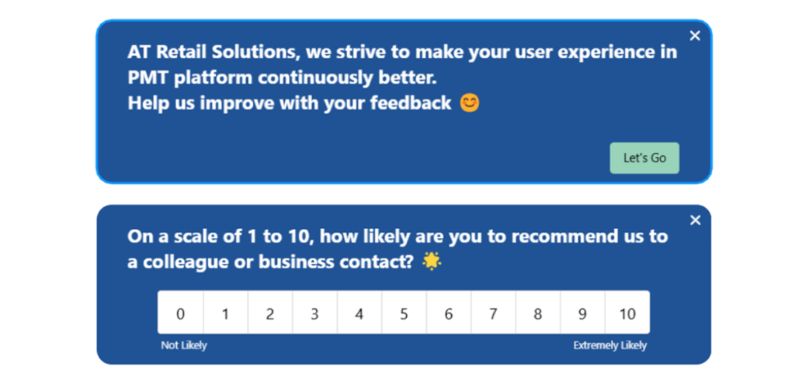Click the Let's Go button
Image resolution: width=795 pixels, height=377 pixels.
(x=644, y=158)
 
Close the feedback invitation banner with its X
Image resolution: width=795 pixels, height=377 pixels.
(x=695, y=36)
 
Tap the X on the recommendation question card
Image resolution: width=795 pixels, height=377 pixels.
(x=695, y=220)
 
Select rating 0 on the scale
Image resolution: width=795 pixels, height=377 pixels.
(x=181, y=313)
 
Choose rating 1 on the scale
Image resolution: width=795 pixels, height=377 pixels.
(x=225, y=313)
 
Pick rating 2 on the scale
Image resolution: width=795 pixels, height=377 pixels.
(x=270, y=313)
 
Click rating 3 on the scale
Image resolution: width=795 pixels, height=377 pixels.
(x=314, y=313)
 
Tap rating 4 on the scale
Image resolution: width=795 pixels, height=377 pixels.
(x=359, y=313)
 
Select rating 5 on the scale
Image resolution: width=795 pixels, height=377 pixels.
(x=404, y=313)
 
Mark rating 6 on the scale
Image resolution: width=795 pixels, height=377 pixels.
(x=449, y=313)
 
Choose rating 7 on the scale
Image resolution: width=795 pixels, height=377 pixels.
(x=493, y=313)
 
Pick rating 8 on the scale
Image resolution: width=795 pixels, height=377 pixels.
(x=538, y=313)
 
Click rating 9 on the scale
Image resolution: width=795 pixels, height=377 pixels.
(x=582, y=313)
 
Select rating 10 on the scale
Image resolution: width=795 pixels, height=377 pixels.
(x=627, y=313)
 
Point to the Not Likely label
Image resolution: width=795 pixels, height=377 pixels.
(x=184, y=345)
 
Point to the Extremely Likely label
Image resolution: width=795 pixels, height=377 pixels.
(x=609, y=345)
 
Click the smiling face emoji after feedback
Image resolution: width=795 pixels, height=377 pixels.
(x=470, y=102)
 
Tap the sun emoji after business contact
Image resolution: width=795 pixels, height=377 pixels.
(x=432, y=262)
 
